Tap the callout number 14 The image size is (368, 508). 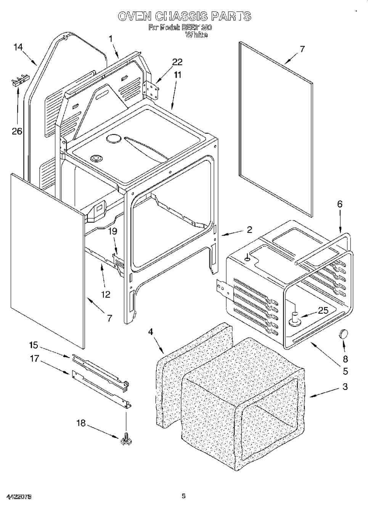18,47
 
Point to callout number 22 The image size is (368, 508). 177,62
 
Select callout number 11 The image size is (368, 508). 177,75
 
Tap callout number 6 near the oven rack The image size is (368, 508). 339,204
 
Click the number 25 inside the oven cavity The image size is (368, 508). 323,310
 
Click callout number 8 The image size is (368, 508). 346,359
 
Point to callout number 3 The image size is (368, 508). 345,387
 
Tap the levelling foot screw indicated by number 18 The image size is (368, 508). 125,441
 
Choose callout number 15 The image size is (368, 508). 34,345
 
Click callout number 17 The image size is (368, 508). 35,359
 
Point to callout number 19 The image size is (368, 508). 112,231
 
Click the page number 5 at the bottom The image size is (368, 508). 183,496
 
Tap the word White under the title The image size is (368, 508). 196,35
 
